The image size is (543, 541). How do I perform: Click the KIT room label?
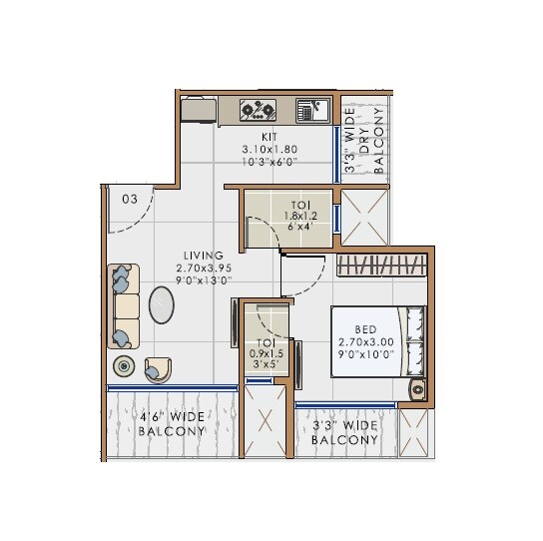point(270,137)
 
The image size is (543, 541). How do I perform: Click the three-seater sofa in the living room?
point(124,306)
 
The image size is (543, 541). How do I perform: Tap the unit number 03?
point(130,199)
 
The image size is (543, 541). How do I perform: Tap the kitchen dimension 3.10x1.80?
point(270,149)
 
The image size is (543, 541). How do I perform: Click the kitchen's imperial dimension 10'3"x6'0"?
point(270,161)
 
